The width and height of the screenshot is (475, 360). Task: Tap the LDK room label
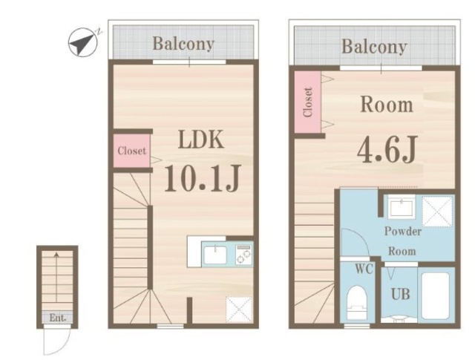point(201,140)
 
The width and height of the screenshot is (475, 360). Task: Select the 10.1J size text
point(203,178)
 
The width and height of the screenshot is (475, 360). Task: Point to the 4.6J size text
point(387,149)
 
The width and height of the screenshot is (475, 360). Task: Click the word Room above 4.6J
point(387,105)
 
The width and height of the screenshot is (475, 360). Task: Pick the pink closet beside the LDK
point(132,150)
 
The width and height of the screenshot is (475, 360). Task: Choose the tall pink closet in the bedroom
point(308,102)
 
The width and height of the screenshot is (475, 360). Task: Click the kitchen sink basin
point(215,255)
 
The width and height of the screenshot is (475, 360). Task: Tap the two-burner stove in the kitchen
point(244,255)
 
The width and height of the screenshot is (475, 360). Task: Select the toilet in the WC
point(356,302)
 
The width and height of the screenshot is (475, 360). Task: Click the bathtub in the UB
point(436,295)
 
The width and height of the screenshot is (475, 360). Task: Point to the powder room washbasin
point(402,207)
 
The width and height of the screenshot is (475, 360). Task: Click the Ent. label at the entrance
point(58,318)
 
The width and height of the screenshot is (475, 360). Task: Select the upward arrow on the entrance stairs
point(56,277)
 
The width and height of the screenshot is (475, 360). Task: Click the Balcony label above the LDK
point(183,44)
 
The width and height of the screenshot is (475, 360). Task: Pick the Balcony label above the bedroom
point(374,48)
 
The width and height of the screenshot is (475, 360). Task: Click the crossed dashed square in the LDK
point(239,310)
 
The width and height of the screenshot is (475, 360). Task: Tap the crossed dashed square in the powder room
point(437,212)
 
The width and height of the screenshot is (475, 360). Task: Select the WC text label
point(364,269)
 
